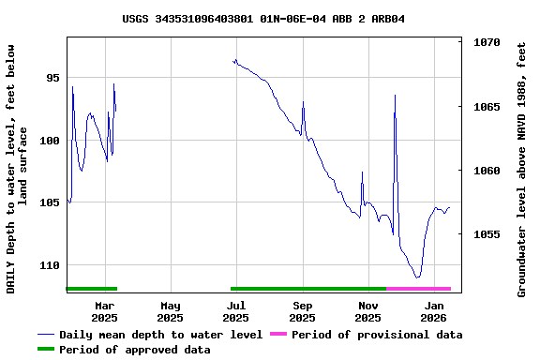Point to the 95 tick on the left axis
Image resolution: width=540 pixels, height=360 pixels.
pos(52,78)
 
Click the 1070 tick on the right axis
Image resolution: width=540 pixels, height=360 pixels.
pos(487,43)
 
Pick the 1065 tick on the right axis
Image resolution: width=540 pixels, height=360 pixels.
pos(487,107)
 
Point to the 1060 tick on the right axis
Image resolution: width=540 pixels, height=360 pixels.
pos(487,171)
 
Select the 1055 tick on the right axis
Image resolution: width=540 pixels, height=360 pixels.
pos(487,234)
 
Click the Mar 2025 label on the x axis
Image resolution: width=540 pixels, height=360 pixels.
pos(105,311)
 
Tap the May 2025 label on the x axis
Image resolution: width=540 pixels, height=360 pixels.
pos(171,311)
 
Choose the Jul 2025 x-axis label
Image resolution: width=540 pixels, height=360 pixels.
pos(236,311)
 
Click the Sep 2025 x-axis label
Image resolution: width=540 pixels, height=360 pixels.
pos(303,311)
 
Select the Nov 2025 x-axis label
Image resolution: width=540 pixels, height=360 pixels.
pos(368,311)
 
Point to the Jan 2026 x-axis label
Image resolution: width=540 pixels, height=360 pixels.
pos(434,311)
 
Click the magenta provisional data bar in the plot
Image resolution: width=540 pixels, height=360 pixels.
pos(418,289)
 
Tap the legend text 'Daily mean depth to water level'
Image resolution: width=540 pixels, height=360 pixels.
pos(160,335)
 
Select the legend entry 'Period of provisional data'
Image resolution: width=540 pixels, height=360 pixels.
pos(376,335)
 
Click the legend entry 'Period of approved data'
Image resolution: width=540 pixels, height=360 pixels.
pos(134,350)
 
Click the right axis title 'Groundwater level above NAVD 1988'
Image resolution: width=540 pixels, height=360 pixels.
pos(522,169)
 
